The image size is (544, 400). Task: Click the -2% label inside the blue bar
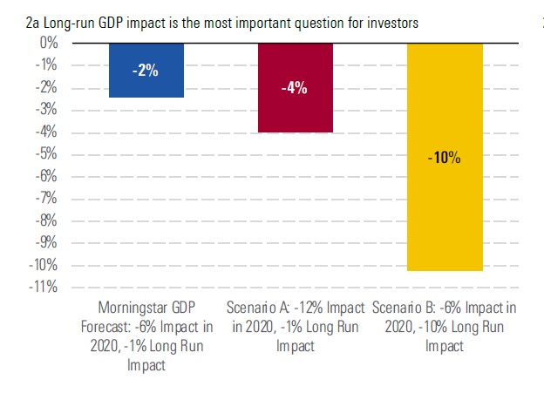pos(146,71)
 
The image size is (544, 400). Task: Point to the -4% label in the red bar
pos(295,88)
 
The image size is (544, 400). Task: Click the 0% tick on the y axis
pos(47,43)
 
